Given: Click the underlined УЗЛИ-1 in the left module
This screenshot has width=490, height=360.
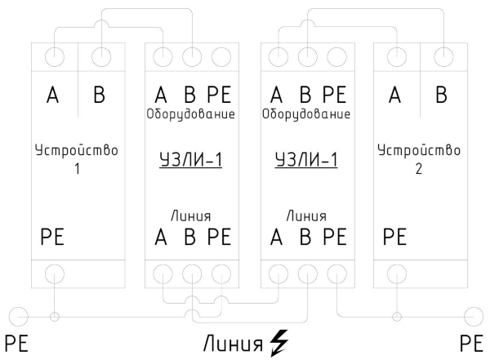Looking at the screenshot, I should tap(189, 161).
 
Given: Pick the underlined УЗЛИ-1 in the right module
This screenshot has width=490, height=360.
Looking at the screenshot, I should tap(305, 161).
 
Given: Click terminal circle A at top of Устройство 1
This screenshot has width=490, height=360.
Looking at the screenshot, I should tap(56, 58).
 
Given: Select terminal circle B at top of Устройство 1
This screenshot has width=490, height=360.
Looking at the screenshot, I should tap(100, 58).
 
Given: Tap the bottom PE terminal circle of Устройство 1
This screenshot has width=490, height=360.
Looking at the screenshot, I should tap(54, 273).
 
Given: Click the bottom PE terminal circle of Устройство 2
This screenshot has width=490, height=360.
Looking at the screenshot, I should tap(396, 273).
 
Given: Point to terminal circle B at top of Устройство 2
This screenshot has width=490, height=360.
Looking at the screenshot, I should tap(442, 58).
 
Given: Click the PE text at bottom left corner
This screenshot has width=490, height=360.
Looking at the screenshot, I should tap(17, 342).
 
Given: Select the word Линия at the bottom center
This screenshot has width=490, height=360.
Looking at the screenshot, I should tap(233, 340).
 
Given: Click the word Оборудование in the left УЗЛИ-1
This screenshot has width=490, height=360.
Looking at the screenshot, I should tap(190, 114).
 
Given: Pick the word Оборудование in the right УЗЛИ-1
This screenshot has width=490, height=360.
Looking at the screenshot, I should tap(306, 114).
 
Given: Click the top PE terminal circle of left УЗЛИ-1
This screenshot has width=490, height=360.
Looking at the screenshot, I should tap(219, 58).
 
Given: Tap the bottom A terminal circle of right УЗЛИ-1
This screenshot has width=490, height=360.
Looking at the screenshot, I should tap(278, 273).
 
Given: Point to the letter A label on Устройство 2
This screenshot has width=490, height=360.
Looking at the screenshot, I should tap(396, 96).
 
